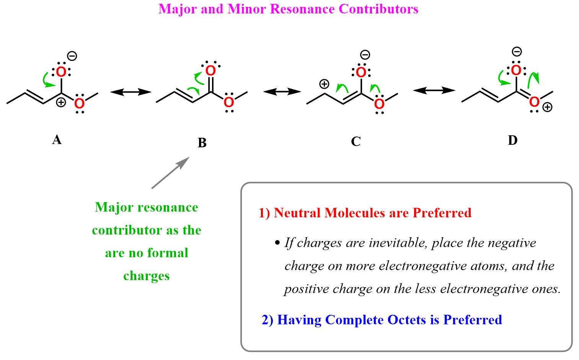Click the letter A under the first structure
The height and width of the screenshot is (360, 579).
click(57, 140)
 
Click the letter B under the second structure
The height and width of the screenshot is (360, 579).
click(202, 143)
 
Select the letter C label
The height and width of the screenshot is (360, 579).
click(356, 142)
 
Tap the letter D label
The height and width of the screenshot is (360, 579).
click(512, 140)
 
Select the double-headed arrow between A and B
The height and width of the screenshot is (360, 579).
click(130, 92)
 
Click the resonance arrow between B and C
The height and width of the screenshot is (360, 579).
click(282, 92)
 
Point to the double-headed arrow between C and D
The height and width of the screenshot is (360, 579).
click(434, 91)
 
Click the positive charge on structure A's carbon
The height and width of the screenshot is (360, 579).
click(60, 102)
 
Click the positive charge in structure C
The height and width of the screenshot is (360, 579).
click(324, 84)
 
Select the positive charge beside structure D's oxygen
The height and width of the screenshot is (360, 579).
click(548, 108)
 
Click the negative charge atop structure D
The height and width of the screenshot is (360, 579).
click(517, 51)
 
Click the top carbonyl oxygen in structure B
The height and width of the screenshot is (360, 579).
click(210, 71)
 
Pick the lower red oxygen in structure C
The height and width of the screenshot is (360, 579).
click(379, 104)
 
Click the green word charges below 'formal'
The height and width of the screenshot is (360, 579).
click(147, 276)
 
